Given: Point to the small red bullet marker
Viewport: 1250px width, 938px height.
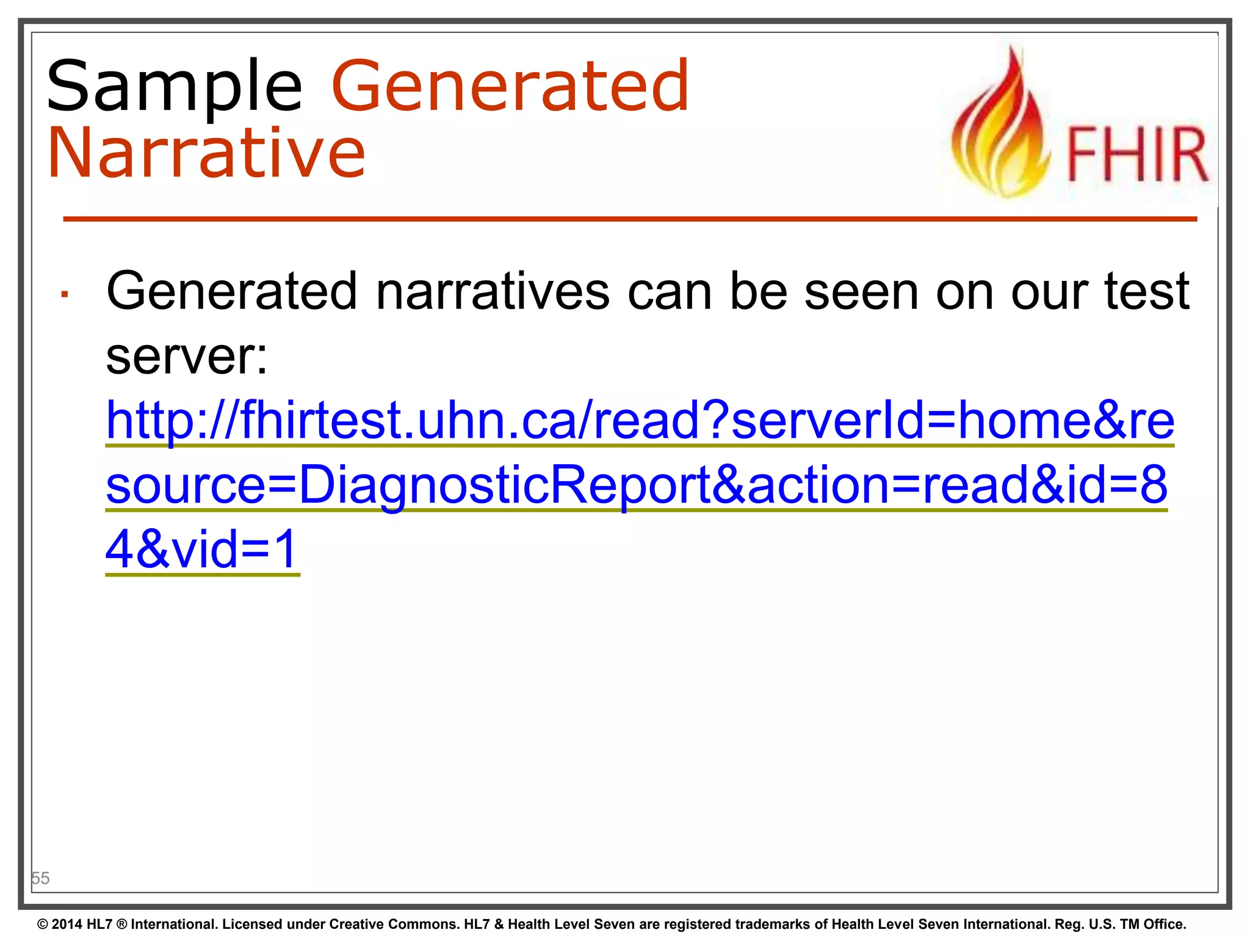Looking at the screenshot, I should point(64,295).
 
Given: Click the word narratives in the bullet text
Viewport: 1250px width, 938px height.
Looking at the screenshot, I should point(493,291).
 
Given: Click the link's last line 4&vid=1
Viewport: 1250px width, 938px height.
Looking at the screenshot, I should point(201,549).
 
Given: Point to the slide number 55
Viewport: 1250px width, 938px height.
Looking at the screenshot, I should point(40,878).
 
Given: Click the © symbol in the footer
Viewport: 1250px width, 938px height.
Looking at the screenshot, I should point(43,925).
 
